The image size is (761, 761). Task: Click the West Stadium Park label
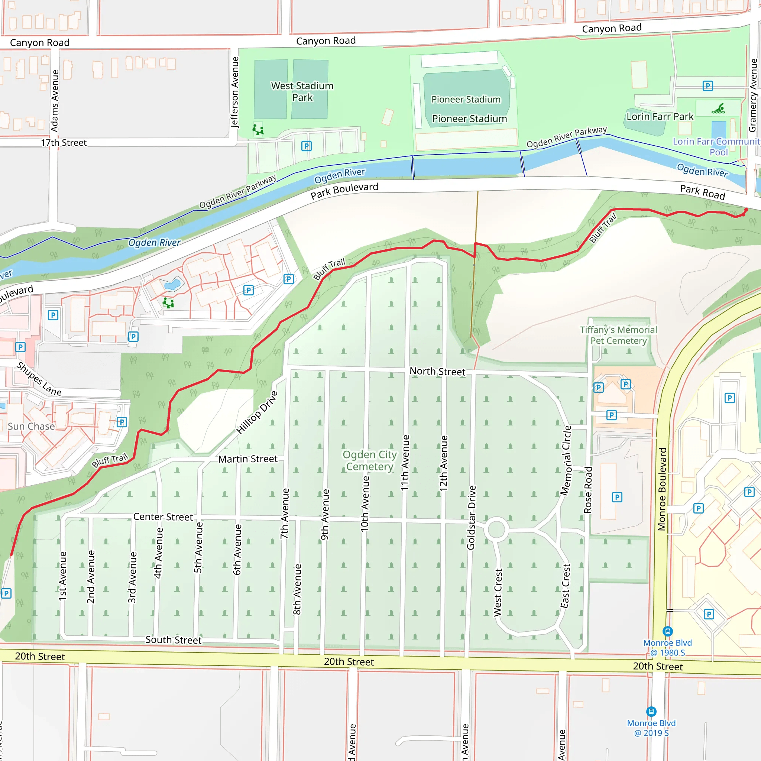point(302,91)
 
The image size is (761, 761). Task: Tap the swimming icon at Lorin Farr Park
point(718,109)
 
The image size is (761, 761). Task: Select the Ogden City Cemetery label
point(369,460)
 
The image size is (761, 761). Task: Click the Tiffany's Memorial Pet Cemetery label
point(618,335)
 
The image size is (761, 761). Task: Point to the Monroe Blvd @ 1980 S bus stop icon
point(667,631)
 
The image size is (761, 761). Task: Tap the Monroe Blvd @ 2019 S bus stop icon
point(651,711)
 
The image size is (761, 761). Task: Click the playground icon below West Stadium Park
point(258,129)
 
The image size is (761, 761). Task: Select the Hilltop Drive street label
point(257,412)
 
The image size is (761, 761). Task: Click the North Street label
point(437,372)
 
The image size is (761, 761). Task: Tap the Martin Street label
point(248,459)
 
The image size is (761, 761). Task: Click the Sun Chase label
point(31,426)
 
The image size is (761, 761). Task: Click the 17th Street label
point(64,143)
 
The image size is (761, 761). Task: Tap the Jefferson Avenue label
point(235,92)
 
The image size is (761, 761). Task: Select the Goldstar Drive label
point(471,518)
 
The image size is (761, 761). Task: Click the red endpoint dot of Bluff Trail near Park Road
point(746,210)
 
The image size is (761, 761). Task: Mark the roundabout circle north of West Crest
point(496,529)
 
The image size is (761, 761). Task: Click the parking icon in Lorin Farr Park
point(707,86)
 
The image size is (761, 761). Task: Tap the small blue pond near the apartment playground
point(172,284)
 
